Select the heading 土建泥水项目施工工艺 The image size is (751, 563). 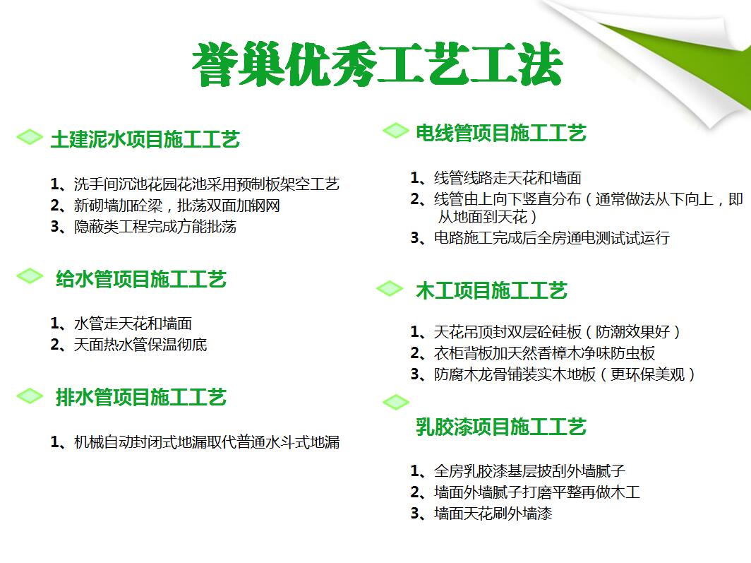point(145,139)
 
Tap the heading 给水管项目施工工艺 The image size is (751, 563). point(141,279)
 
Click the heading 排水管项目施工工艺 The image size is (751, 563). point(141,397)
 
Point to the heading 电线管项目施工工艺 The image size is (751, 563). point(501,133)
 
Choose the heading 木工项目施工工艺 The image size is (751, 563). point(491,290)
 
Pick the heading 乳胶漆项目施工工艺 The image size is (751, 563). point(501,427)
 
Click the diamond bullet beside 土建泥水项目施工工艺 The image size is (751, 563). point(30,137)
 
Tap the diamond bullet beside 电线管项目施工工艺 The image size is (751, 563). point(396,130)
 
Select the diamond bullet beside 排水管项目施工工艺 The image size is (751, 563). point(30,396)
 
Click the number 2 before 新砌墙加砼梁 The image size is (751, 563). point(54,206)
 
